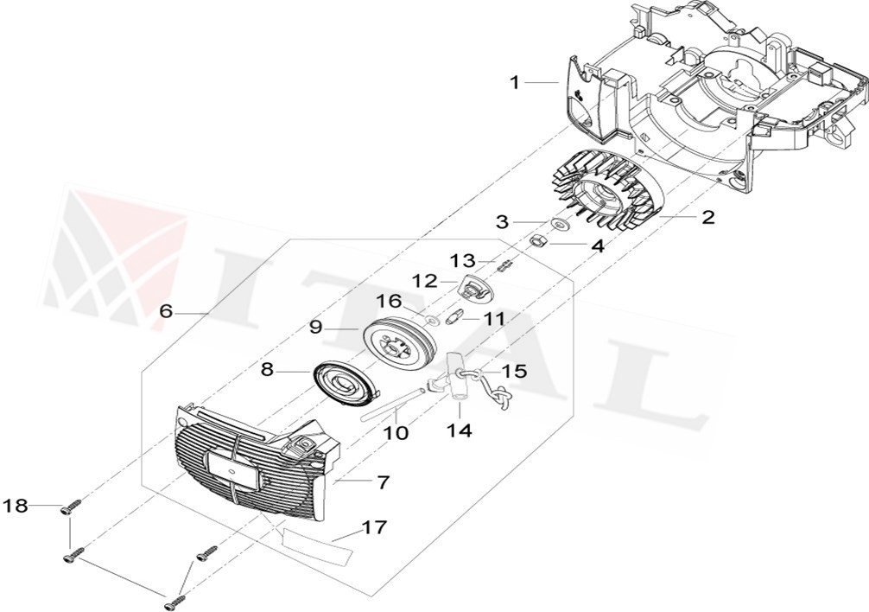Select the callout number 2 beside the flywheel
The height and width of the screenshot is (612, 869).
[707, 217]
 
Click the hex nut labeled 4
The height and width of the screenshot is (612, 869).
[536, 242]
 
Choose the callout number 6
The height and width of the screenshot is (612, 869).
[166, 311]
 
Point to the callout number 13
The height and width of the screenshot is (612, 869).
[462, 260]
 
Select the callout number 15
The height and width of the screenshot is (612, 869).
[513, 371]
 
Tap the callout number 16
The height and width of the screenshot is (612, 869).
[389, 301]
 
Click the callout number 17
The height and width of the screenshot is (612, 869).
[374, 526]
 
